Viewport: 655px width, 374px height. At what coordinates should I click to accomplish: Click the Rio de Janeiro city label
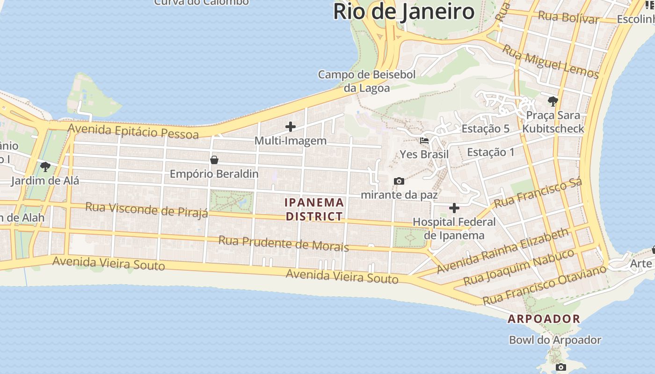point(404,12)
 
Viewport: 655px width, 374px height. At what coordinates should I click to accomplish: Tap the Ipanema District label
point(314,209)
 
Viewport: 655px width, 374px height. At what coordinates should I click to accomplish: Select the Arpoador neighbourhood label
point(544,319)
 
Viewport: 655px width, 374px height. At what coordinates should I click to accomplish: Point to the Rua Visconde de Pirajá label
point(146,209)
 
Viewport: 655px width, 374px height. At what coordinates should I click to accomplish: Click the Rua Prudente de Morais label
point(284,244)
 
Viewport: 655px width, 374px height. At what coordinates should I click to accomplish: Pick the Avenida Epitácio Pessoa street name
point(133,131)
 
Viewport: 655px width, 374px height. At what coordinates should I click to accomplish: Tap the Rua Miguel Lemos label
point(550,62)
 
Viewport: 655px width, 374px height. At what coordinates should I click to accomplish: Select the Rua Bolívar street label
point(568,18)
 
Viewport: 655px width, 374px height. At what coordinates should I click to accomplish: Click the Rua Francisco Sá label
point(538,193)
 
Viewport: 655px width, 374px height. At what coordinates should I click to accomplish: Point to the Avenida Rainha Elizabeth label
point(503,251)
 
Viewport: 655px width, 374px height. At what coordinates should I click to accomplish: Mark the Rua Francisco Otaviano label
point(545,284)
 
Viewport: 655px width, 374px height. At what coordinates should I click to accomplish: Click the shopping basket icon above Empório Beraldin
point(214,160)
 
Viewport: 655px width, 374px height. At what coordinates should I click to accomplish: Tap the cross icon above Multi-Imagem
point(291,126)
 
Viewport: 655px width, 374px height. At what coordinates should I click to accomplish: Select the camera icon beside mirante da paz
point(399,181)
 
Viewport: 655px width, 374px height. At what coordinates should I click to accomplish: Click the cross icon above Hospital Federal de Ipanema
point(454,208)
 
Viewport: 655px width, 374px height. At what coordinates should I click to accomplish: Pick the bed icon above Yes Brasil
point(424,140)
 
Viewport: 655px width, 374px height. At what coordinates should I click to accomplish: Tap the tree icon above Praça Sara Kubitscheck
point(553,101)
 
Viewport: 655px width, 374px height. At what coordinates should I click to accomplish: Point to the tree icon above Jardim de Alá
point(45,166)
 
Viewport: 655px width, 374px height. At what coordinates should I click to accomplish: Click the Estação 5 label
point(485,129)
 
